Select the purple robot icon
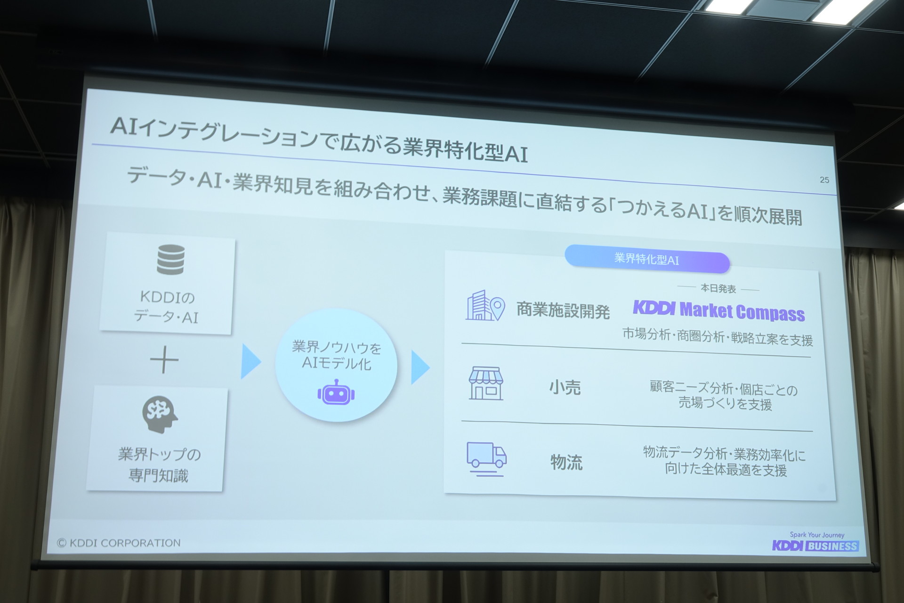point(336,392)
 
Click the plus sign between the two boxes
point(164,360)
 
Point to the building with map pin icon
point(485,306)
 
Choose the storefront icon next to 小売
point(486,383)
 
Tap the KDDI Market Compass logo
point(718,311)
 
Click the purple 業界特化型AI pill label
point(647,260)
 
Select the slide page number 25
point(824,180)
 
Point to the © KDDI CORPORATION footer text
point(119,543)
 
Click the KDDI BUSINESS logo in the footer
point(815,546)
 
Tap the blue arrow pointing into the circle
point(250,361)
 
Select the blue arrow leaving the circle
point(420,367)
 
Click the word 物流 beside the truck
point(566,462)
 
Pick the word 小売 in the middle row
point(565,388)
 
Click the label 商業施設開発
point(563,310)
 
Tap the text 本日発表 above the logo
point(718,288)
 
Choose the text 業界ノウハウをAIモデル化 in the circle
point(336,355)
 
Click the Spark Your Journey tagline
point(817,535)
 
